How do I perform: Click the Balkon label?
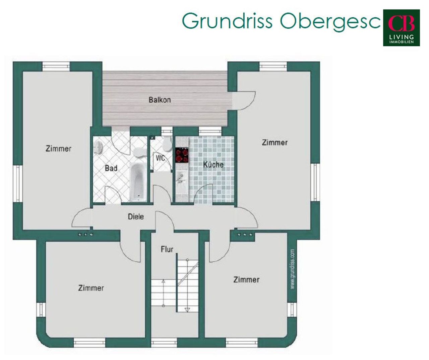point(160,100)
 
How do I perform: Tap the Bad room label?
point(111,168)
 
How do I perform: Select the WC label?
point(160,158)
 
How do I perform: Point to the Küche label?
point(213,164)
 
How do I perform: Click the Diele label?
point(136,217)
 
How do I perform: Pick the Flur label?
point(167,249)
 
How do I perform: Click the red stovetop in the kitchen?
point(182,155)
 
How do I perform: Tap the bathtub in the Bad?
point(138,182)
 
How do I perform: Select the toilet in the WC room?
point(167,144)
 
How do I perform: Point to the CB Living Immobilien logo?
point(401,28)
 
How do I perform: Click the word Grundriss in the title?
point(227,21)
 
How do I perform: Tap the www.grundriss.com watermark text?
point(293,269)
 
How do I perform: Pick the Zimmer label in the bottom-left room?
point(91,288)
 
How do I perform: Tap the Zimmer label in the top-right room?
point(275,143)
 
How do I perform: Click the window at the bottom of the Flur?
point(164,343)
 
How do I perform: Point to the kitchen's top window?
point(210,132)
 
